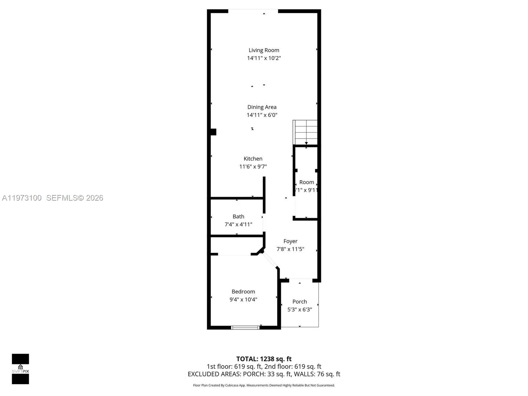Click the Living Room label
264,50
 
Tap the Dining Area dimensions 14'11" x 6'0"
262,115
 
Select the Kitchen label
253,159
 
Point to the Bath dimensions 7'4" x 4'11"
238,224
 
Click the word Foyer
290,241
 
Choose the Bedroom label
243,291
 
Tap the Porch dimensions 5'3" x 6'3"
300,310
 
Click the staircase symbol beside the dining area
305,132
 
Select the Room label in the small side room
307,182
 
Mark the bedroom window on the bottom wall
245,327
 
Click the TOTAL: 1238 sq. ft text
264,359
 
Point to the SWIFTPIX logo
20,369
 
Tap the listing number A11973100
22,198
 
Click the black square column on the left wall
213,132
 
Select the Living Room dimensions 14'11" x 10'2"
264,58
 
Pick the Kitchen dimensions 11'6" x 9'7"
253,167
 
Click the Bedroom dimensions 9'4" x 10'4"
243,299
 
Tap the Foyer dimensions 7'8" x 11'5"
290,249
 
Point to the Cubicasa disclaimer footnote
264,385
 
